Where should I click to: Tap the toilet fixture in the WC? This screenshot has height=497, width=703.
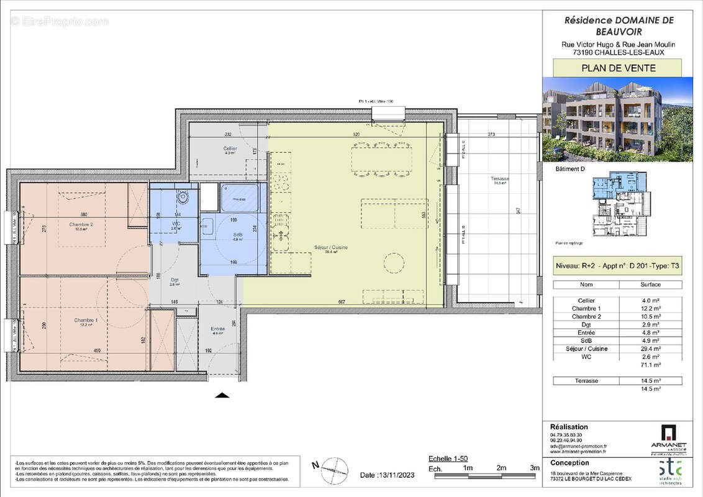coord(183,197)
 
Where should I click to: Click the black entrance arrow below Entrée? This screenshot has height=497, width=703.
coord(222,395)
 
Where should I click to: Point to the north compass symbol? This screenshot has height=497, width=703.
coord(333,467)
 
